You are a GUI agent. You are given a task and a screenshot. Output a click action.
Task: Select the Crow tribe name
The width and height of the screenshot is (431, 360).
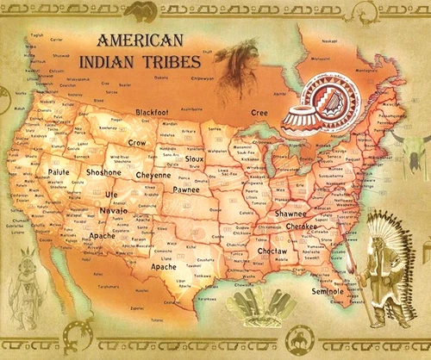[137, 142]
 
